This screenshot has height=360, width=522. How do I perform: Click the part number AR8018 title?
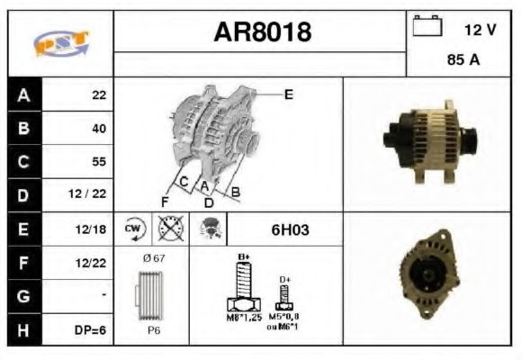[x=261, y=32]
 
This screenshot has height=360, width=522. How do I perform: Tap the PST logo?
[x=60, y=43]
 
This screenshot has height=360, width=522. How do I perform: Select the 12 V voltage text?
[x=480, y=30]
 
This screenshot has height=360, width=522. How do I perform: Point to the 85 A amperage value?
[x=462, y=61]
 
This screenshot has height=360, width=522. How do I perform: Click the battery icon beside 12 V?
[x=426, y=28]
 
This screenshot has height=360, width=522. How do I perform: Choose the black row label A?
[x=23, y=94]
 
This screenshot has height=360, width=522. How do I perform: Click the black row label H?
[x=23, y=329]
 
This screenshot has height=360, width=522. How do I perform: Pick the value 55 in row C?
[x=98, y=162]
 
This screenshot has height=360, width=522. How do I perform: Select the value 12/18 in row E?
[x=92, y=229]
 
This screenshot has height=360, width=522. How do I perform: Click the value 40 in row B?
[x=98, y=128]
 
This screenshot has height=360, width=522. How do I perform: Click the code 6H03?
[x=290, y=229]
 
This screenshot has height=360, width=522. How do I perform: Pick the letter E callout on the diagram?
[x=288, y=94]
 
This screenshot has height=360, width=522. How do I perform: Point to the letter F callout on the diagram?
[x=164, y=200]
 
